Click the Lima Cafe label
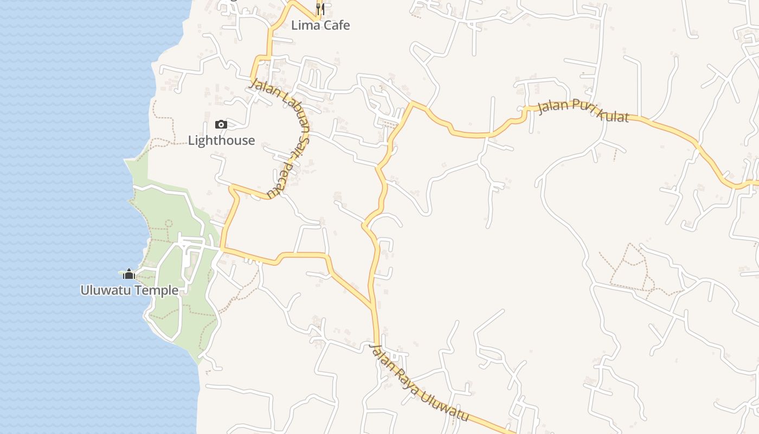click(x=320, y=25)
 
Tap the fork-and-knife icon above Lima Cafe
click(x=320, y=9)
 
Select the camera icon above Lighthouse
click(x=221, y=124)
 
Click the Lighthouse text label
click(x=221, y=141)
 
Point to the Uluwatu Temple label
click(x=129, y=290)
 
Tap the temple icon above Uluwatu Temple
click(x=128, y=274)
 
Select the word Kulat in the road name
click(x=612, y=115)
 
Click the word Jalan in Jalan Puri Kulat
click(x=552, y=106)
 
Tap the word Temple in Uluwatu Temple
click(x=157, y=290)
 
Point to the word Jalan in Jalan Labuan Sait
click(x=261, y=90)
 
